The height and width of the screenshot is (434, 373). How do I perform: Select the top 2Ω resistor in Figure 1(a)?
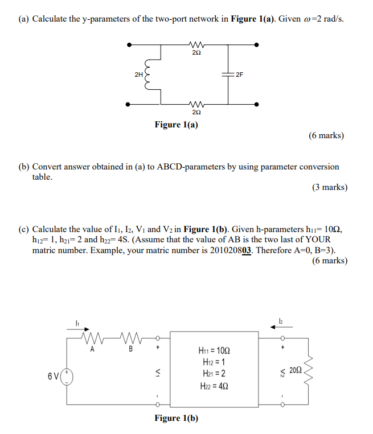pos(196,44)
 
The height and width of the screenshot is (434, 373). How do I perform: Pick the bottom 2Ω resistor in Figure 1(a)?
pos(196,104)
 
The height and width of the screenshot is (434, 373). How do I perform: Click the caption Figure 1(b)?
pos(177,418)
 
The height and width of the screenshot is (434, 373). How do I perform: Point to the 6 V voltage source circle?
pos(67,376)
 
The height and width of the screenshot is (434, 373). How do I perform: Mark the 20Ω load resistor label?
pos(295,370)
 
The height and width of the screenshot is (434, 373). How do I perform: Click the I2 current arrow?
pos(283,327)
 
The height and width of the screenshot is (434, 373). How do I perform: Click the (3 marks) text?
pos(329,187)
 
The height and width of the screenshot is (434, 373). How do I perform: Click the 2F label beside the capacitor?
pos(239,74)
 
